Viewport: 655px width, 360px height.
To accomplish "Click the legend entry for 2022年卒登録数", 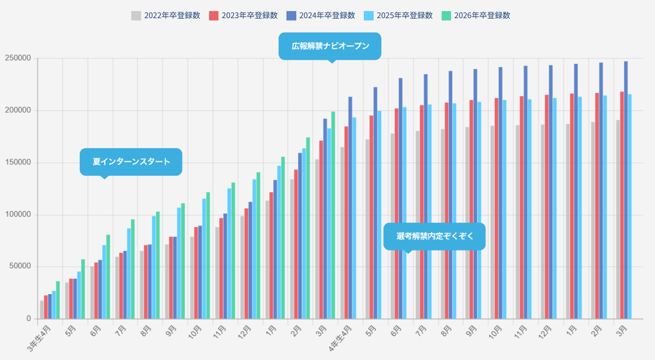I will (x=166, y=16).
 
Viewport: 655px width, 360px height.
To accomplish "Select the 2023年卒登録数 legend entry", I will (x=243, y=16).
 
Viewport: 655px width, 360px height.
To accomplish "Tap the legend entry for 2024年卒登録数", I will (x=321, y=16).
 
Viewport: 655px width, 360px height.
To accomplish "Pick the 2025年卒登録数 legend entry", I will (x=398, y=16).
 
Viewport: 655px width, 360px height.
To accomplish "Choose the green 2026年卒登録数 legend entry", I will (x=476, y=16).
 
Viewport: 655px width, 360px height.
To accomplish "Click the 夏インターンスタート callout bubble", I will (x=131, y=162).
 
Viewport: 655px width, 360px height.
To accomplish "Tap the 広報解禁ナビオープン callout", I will (x=330, y=46).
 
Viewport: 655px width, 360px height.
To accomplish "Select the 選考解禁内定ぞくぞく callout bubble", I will (x=434, y=236).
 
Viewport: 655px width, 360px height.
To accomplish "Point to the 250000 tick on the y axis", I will (x=18, y=58).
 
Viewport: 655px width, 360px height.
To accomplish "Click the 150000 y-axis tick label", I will (x=18, y=162).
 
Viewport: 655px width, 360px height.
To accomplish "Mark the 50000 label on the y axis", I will (x=20, y=266).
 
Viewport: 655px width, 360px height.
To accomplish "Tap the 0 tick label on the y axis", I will (x=29, y=319).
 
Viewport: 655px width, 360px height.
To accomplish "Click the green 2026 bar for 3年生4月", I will (x=58, y=300).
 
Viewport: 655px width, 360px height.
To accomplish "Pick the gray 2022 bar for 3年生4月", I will (x=42, y=310).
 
